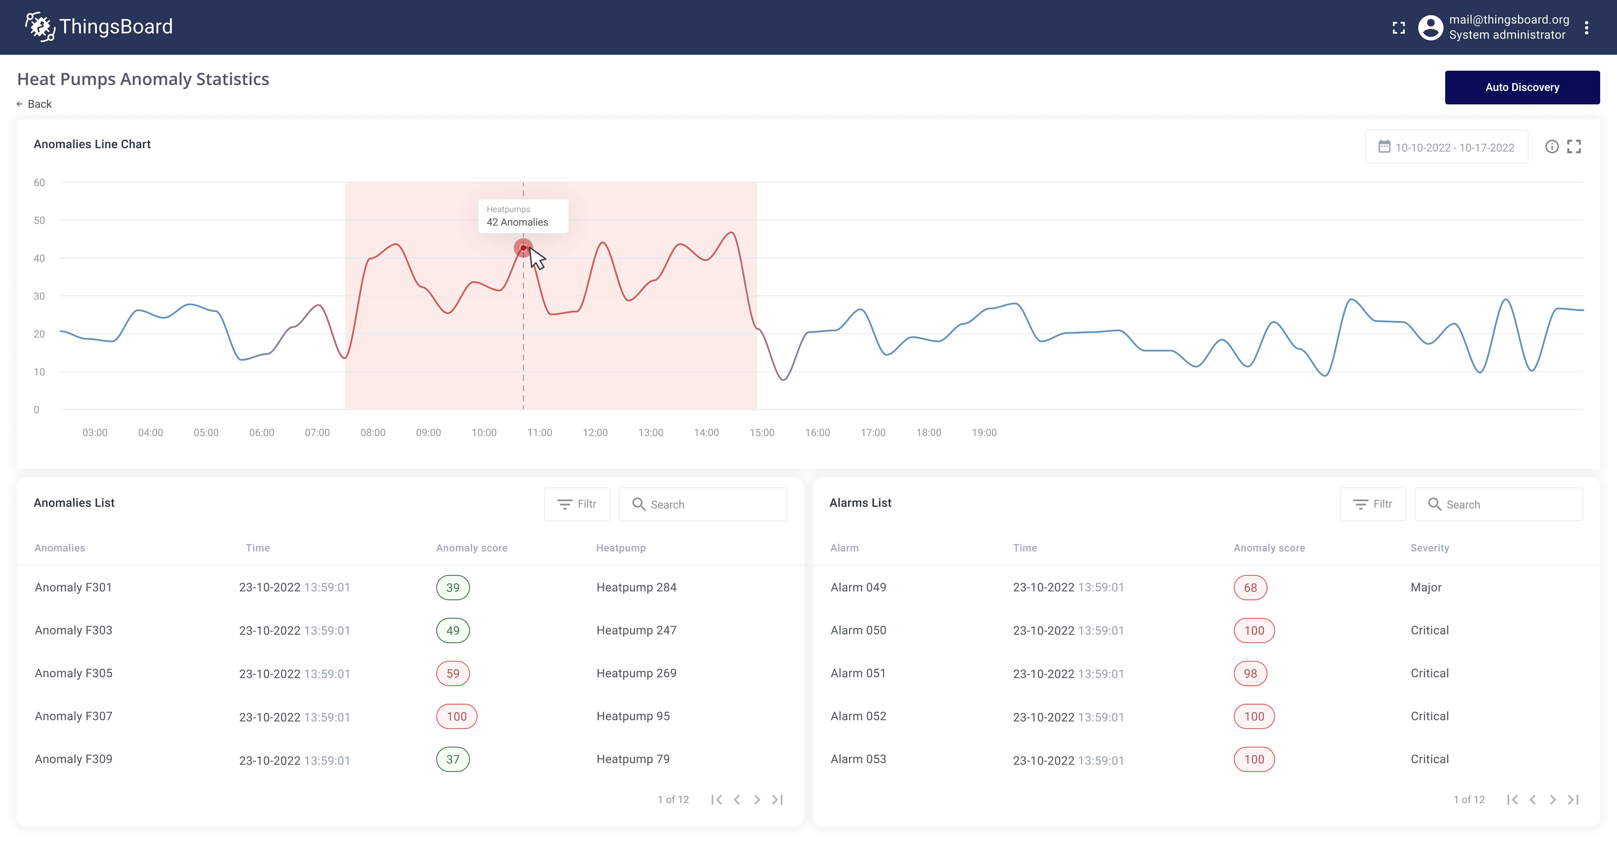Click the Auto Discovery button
[x=1522, y=87]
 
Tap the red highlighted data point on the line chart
[x=523, y=248]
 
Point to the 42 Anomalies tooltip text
[x=517, y=222]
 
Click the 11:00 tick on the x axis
[x=539, y=432]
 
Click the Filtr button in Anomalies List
[x=577, y=504]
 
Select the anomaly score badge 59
[x=453, y=673]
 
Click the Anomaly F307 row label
[x=74, y=716]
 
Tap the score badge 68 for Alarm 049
[x=1250, y=587]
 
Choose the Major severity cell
[x=1426, y=587]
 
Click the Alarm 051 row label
[x=857, y=673]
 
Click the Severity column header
[x=1429, y=548]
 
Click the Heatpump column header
[x=620, y=548]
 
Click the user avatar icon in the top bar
[x=1430, y=27]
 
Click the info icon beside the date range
[x=1551, y=147]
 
